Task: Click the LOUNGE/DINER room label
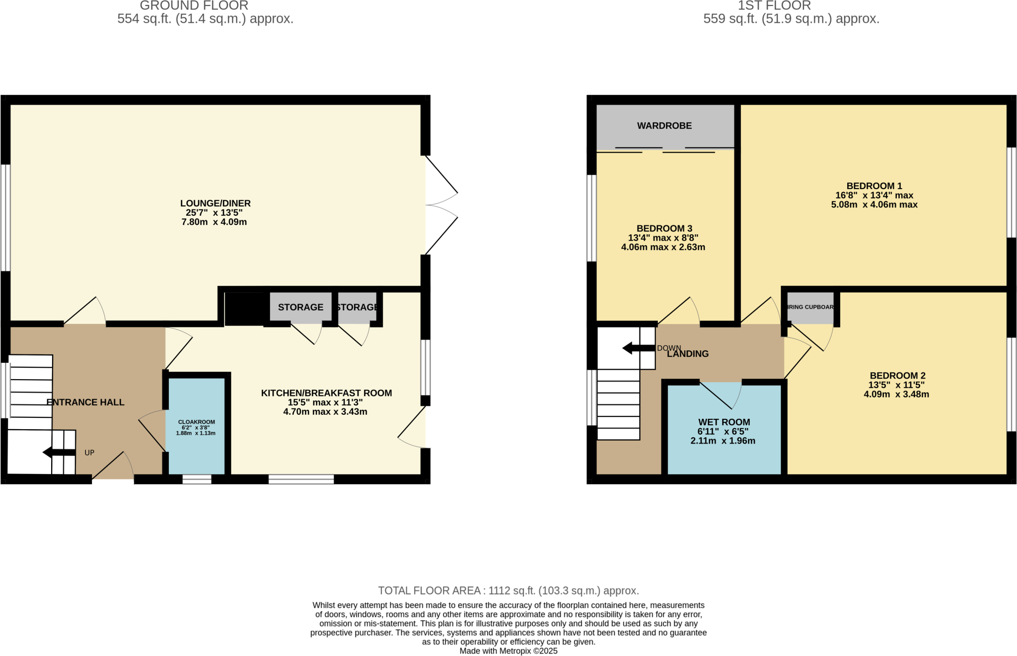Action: point(215,203)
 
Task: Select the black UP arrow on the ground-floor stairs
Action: point(59,452)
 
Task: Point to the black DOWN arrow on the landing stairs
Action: point(638,348)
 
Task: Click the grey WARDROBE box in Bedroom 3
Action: point(664,126)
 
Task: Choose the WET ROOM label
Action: point(724,422)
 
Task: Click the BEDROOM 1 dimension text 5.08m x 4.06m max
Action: point(874,204)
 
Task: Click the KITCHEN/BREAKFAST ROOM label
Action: point(326,393)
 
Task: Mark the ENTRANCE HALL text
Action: point(85,402)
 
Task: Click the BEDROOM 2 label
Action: point(897,376)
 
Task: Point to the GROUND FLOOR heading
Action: point(194,6)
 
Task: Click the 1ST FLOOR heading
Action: point(774,6)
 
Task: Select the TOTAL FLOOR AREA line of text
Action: point(508,590)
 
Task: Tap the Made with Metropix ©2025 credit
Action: point(508,651)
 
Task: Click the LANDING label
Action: point(688,354)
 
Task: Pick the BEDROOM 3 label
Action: point(664,228)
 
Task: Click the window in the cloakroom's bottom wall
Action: point(197,479)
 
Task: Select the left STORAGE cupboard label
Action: point(300,307)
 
